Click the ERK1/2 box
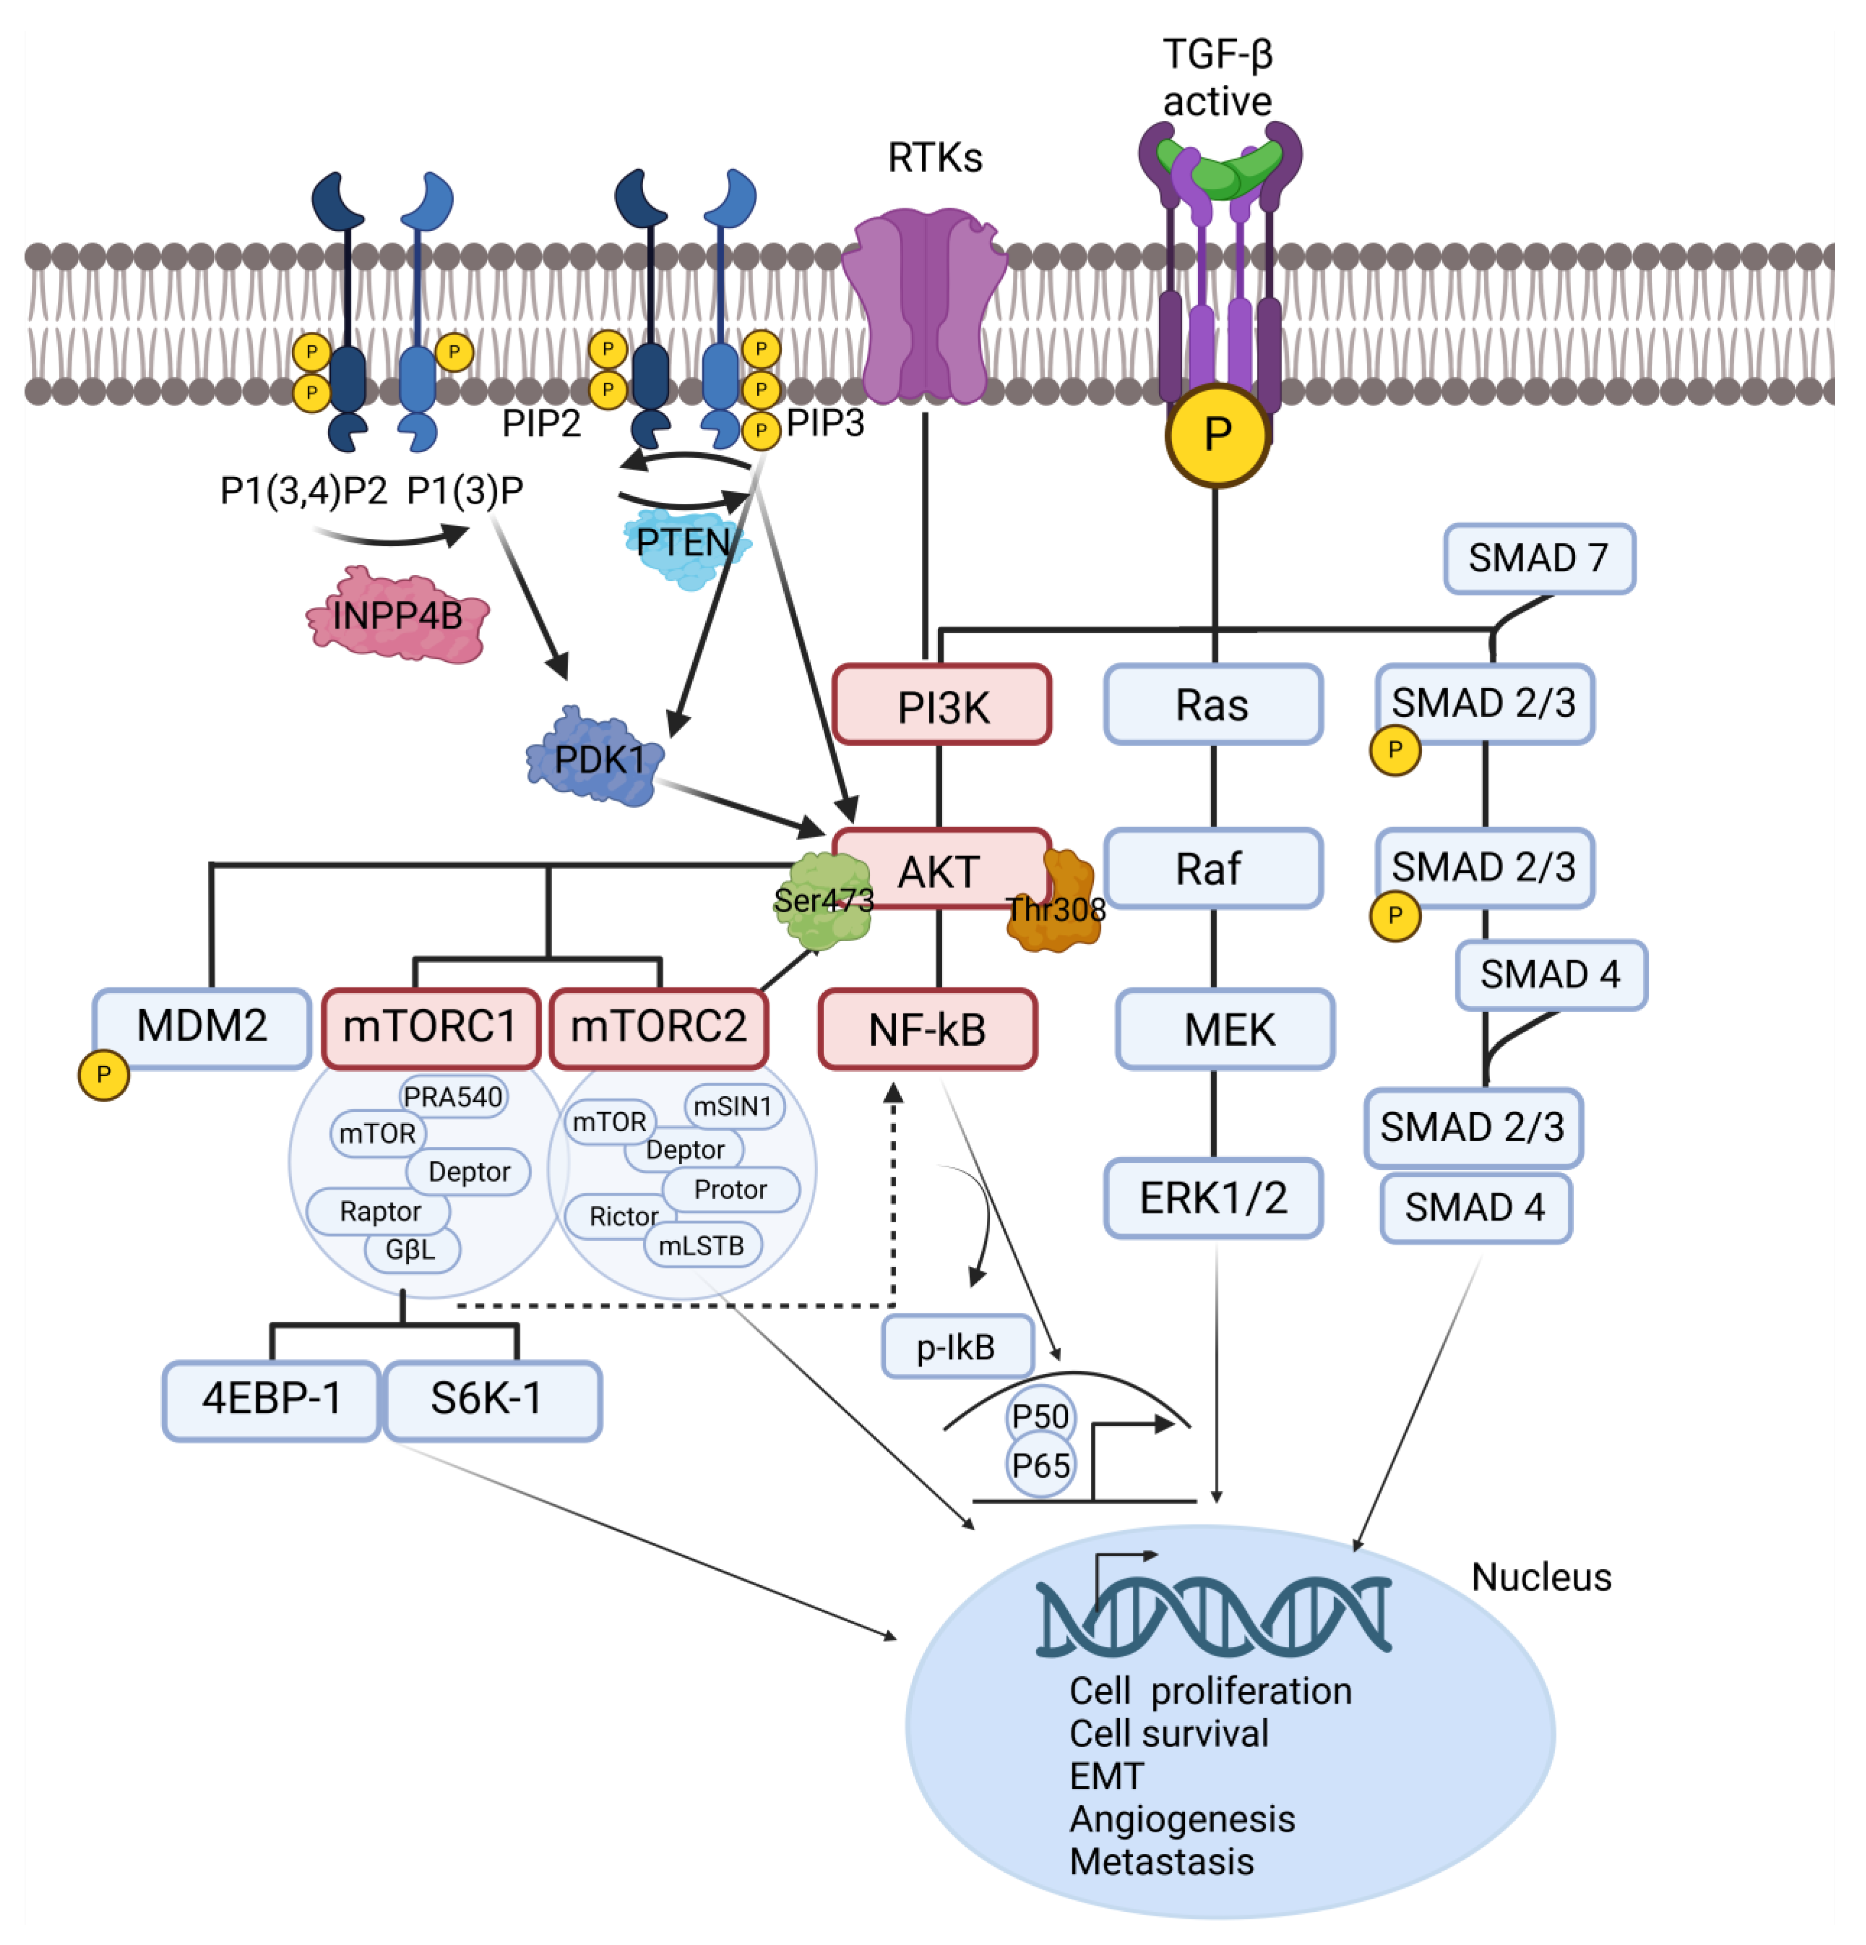tap(1212, 1198)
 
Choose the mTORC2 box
tap(658, 1027)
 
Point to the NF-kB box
tap(927, 1029)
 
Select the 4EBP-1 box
tap(271, 1399)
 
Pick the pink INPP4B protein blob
tap(397, 615)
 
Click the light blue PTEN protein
tap(685, 546)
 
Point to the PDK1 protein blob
tap(595, 759)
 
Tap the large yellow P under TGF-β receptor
tap(1216, 434)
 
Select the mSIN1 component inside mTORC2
tap(732, 1105)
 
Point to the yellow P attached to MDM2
tap(103, 1075)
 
